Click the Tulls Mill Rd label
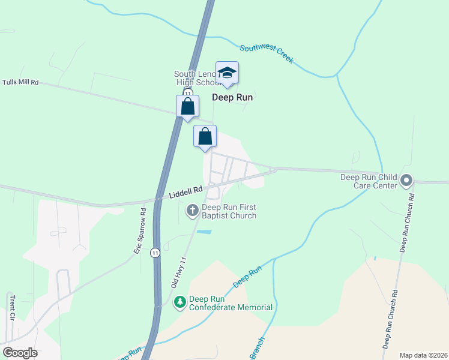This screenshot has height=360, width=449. tap(20, 82)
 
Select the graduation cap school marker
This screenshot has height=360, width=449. tap(227, 73)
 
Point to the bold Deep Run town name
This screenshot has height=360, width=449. tap(232, 97)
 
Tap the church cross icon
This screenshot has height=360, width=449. tap(193, 209)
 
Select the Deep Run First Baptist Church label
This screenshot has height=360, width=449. tap(229, 212)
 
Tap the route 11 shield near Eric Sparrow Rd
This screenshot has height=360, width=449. tap(155, 253)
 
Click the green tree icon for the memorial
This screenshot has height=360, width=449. tap(179, 303)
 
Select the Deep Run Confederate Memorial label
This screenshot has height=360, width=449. tap(231, 303)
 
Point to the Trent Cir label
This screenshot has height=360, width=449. tap(12, 308)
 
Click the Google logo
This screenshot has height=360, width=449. tap(20, 352)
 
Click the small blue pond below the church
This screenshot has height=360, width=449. tap(203, 232)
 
